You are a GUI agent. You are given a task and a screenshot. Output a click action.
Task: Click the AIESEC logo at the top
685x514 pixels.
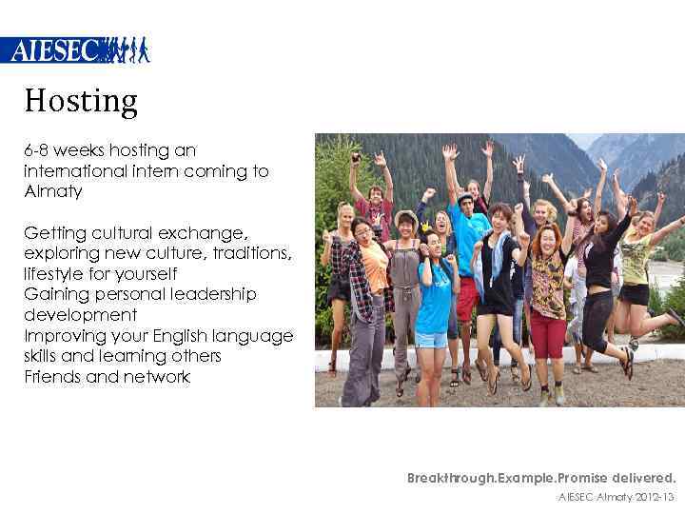coord(75,49)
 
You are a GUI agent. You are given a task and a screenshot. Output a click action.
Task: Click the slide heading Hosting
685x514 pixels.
coord(81,100)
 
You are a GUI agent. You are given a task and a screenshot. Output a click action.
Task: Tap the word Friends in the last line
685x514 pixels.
coord(53,377)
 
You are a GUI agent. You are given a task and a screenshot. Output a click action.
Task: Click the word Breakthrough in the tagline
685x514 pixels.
coord(453,478)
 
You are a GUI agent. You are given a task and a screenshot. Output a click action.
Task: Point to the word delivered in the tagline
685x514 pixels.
coord(642,478)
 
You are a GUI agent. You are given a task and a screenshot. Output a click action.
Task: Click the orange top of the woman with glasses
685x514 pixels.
coord(376,267)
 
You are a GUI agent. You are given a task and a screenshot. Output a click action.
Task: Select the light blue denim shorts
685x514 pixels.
coord(431,339)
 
